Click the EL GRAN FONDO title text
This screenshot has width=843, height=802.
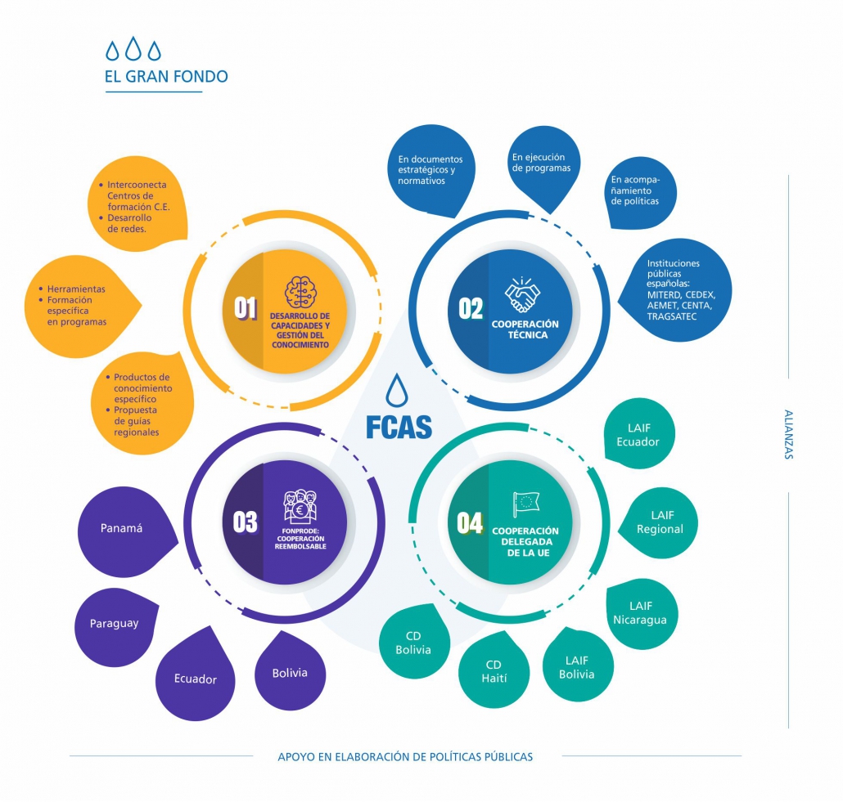(165, 77)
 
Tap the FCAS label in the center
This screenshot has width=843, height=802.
(399, 426)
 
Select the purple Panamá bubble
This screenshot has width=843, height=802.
(123, 529)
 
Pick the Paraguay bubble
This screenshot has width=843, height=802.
(115, 624)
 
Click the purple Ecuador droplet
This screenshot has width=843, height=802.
(195, 678)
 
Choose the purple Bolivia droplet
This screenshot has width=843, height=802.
(290, 672)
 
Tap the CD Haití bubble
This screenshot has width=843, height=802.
(494, 671)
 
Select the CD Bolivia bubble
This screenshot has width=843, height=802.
(412, 643)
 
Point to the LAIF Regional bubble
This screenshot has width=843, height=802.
(660, 522)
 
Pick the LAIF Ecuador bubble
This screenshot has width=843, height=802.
(638, 435)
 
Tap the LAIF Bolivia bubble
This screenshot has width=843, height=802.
(577, 666)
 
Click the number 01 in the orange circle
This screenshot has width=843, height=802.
(246, 307)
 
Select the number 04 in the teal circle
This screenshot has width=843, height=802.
(470, 523)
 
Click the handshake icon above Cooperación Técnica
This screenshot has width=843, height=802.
(524, 296)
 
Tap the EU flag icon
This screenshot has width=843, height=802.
(525, 504)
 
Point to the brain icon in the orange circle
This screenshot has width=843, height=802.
(300, 293)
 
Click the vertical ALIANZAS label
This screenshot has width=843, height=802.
(788, 434)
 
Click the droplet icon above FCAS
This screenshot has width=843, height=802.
(398, 391)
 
